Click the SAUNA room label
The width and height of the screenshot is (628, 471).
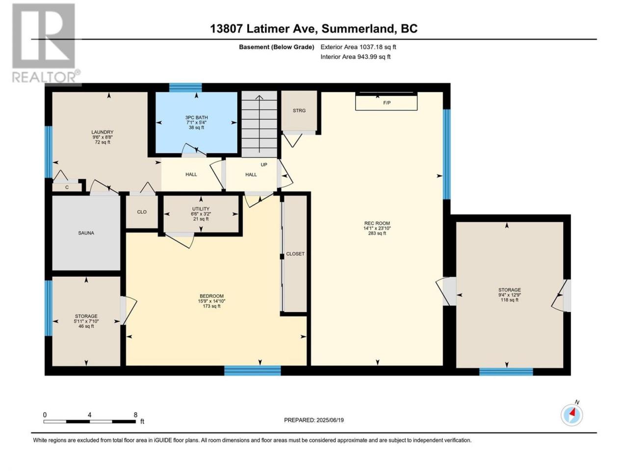tap(86, 233)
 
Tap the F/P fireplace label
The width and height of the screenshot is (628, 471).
tap(387, 103)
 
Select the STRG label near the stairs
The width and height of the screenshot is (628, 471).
tap(299, 110)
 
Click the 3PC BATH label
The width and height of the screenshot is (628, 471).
tap(197, 118)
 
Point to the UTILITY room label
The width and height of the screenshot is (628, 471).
tap(201, 209)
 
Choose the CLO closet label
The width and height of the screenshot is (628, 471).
tap(142, 212)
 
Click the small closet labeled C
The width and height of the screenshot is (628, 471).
tap(67, 187)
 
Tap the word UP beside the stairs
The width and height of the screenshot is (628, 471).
tap(264, 165)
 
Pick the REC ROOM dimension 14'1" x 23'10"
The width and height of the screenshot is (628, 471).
tap(377, 228)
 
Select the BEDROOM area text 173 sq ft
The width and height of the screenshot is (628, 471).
tap(212, 306)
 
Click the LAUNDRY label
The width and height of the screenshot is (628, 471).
tap(103, 132)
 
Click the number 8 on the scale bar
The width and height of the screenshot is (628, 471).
tap(135, 415)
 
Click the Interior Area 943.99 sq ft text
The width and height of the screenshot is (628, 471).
tap(355, 56)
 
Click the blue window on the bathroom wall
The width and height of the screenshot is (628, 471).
tap(185, 87)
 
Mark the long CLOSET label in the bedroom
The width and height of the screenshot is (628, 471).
tap(295, 254)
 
